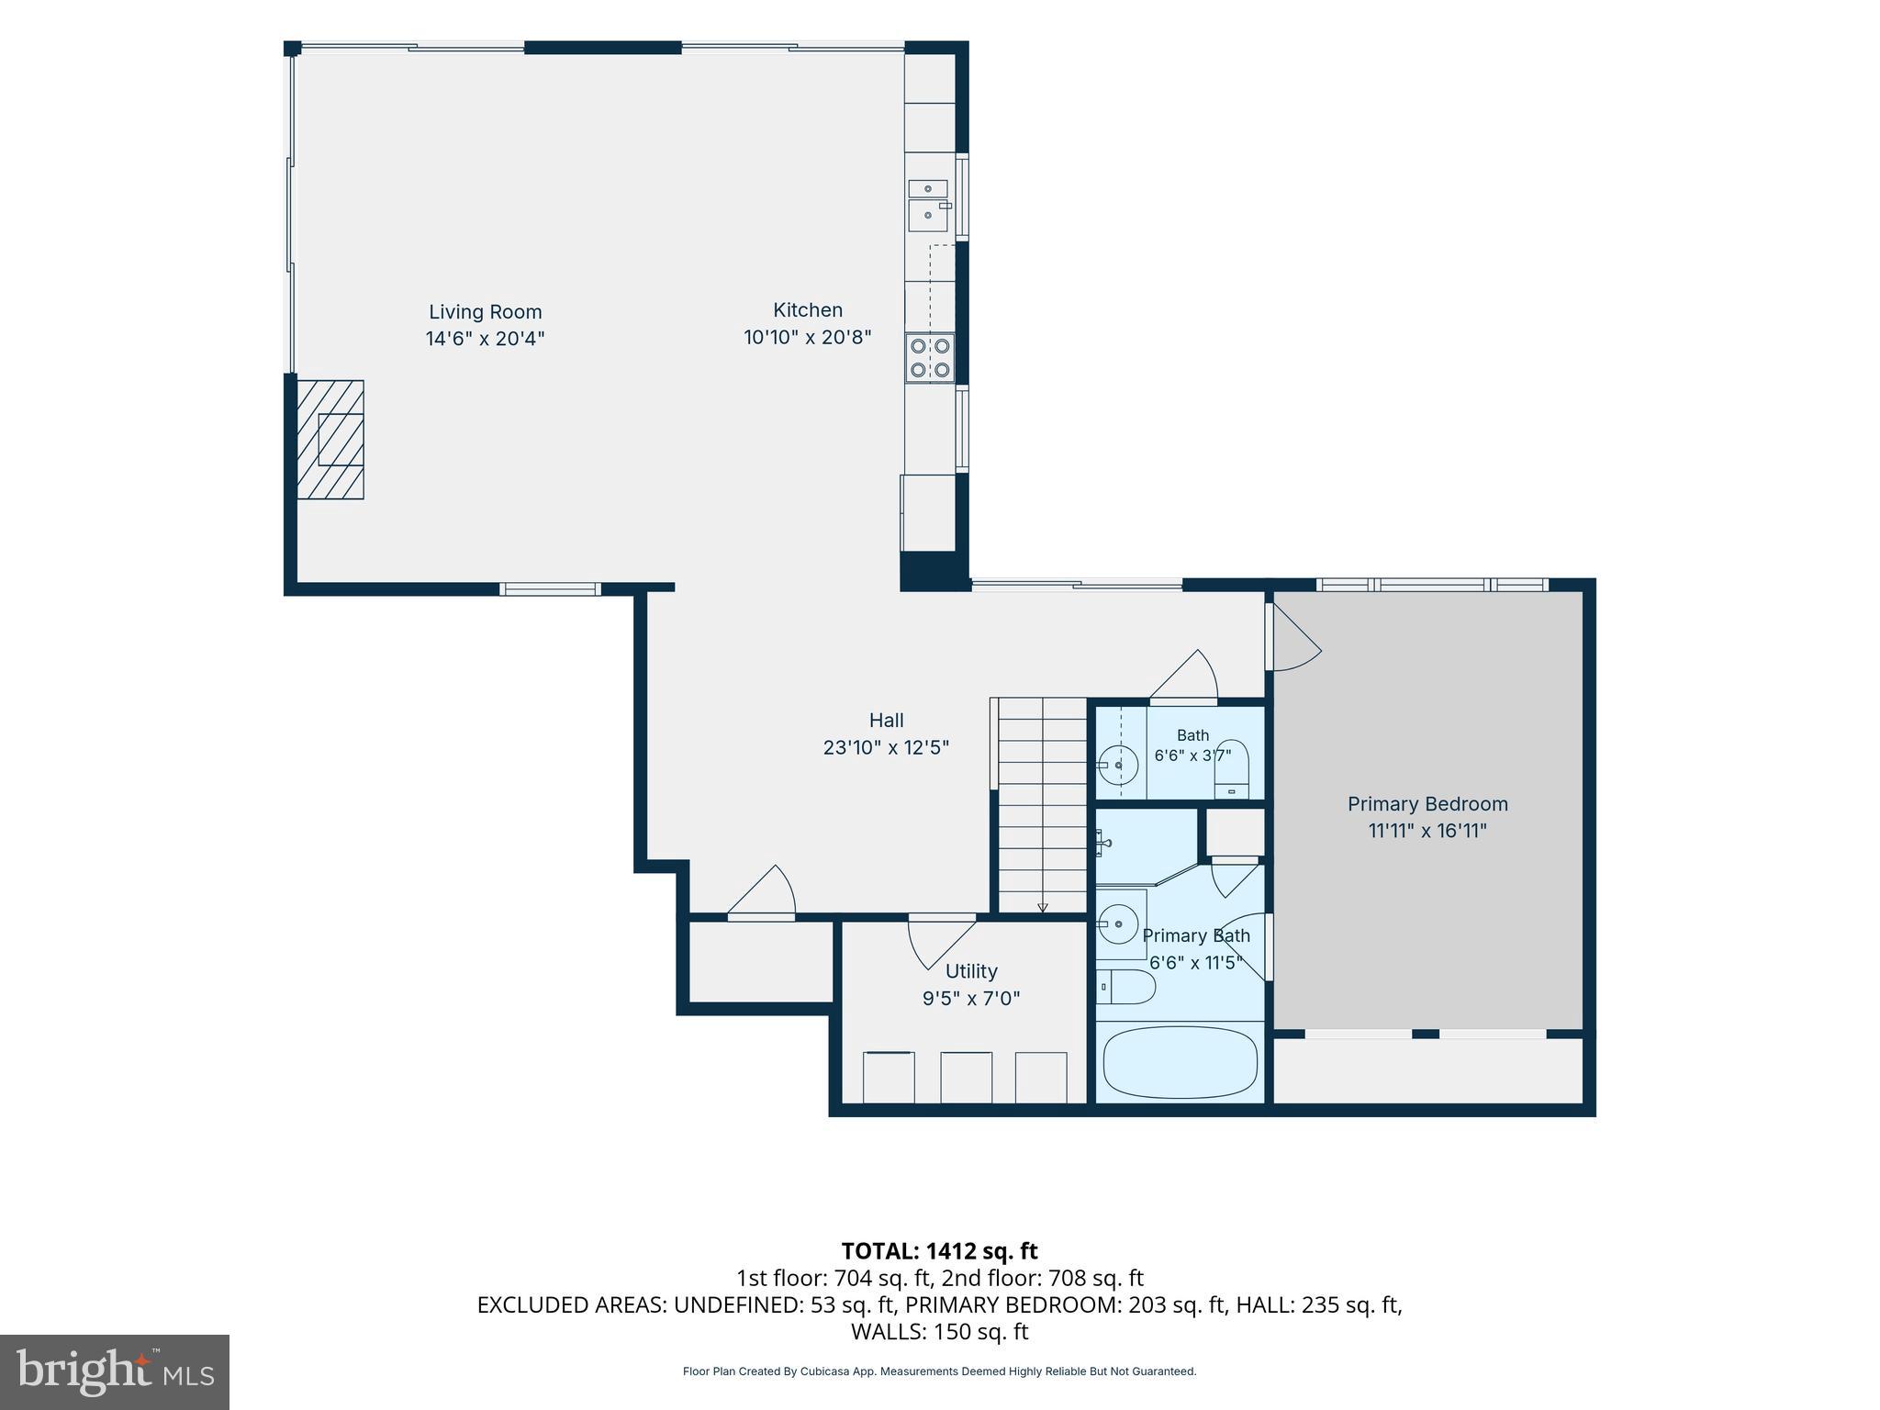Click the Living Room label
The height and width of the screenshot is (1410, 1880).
coord(485,312)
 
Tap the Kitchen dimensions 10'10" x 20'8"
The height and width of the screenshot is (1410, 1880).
coord(807,338)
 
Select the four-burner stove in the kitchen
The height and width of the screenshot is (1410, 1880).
coord(929,358)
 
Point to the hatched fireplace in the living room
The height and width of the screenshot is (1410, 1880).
coord(330,440)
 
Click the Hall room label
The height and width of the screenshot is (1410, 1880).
coord(886,721)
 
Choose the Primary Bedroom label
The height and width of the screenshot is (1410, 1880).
coord(1427,804)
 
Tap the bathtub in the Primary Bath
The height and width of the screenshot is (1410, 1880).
coord(1180,1061)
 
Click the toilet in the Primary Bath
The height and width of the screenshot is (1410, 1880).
coord(1126,988)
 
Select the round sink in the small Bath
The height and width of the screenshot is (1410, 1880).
coord(1118,765)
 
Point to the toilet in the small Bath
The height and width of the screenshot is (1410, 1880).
coord(1232,769)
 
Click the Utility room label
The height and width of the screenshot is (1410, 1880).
coord(971,971)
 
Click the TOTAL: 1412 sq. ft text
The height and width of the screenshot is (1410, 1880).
coord(939,1251)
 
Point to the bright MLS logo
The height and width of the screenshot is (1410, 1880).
coord(115,1371)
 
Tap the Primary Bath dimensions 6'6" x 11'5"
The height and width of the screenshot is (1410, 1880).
coord(1195,962)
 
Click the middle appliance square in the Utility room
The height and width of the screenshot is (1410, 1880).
coord(966,1077)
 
